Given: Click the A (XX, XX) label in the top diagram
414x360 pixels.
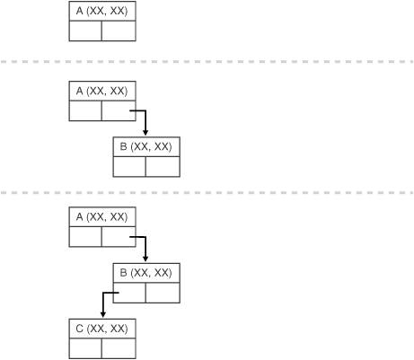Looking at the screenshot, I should [x=102, y=12].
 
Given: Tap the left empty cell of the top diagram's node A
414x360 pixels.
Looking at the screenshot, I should [x=85, y=31].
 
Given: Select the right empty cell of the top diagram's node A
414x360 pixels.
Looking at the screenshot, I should [x=119, y=31].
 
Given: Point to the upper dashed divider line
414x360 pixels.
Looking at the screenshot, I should [x=207, y=62].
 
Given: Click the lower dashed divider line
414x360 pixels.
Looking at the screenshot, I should [x=207, y=192].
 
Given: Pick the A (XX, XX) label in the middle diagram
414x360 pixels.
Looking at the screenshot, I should [x=102, y=92].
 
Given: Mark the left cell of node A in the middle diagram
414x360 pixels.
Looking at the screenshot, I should [x=85, y=110].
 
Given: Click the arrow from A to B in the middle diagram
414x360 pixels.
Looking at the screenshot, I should [x=145, y=120].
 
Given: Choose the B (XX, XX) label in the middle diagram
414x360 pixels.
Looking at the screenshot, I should [x=145, y=145].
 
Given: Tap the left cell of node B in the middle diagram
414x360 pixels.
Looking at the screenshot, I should [x=129, y=165].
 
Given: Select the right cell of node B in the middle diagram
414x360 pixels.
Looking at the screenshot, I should [x=162, y=165].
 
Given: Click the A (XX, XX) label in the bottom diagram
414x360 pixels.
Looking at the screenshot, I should [x=102, y=217].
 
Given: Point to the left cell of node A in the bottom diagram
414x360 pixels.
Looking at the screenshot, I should [x=85, y=237].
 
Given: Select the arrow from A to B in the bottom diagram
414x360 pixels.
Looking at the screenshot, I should [x=145, y=246].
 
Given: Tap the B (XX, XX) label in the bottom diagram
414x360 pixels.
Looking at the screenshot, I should [x=145, y=271].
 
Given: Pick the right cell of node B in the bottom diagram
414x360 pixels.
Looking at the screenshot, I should [x=162, y=291].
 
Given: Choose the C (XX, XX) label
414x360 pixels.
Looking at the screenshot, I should [x=102, y=329].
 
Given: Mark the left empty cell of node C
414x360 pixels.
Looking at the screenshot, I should [x=85, y=347].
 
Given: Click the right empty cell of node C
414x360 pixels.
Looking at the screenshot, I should [x=119, y=347].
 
